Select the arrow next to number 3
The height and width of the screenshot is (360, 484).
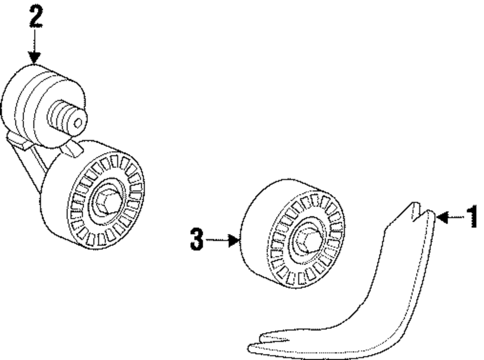pos(224,239)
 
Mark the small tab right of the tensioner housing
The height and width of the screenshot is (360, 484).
pos(74,148)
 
